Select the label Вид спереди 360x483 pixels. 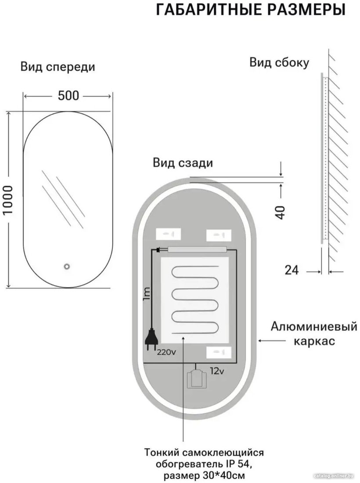click(x=58, y=67)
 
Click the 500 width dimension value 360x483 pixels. click(x=68, y=95)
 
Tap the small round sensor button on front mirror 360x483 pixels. click(x=67, y=266)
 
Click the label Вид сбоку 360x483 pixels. click(x=279, y=62)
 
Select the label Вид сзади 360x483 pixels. click(x=183, y=162)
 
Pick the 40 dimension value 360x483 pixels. click(x=280, y=212)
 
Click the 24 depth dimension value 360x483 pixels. click(x=292, y=270)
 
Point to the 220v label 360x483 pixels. click(x=166, y=352)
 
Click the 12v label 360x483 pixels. click(x=217, y=371)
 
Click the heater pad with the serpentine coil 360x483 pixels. click(x=195, y=300)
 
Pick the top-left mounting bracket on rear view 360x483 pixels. click(x=168, y=234)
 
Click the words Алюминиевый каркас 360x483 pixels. click(x=314, y=333)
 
